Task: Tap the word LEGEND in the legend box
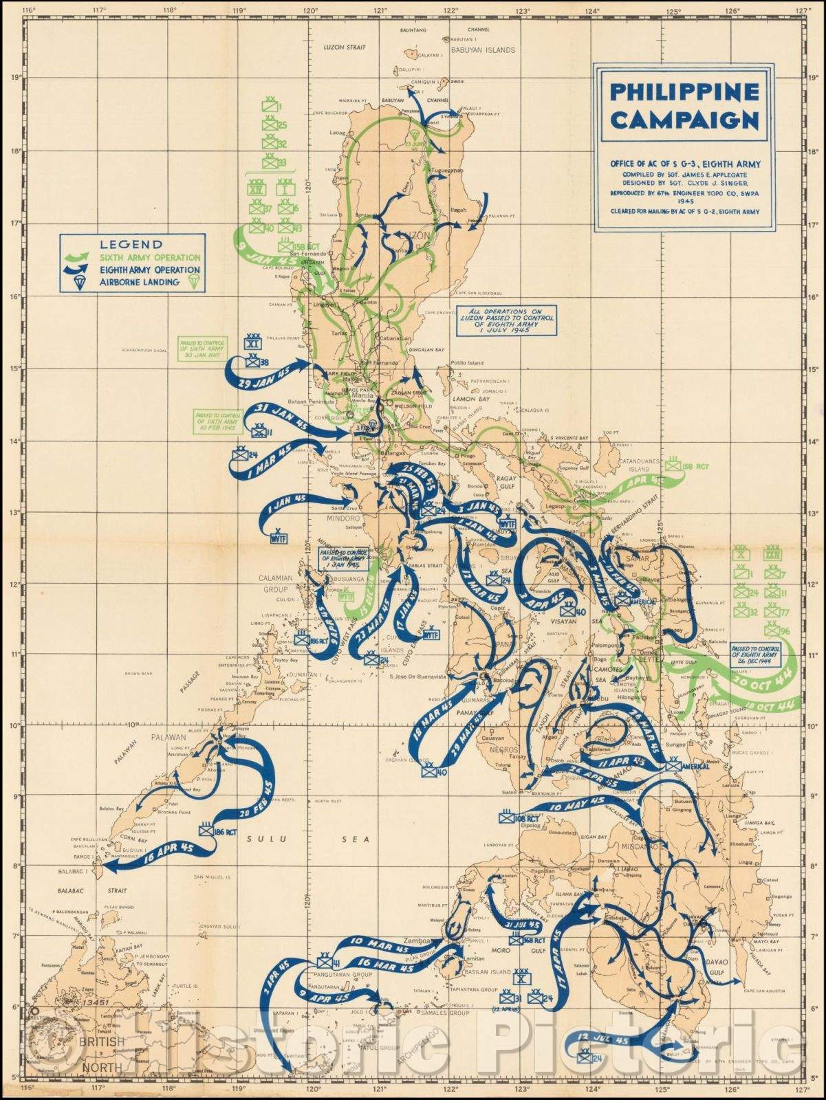tap(131, 244)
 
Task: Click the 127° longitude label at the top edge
tap(802, 10)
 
